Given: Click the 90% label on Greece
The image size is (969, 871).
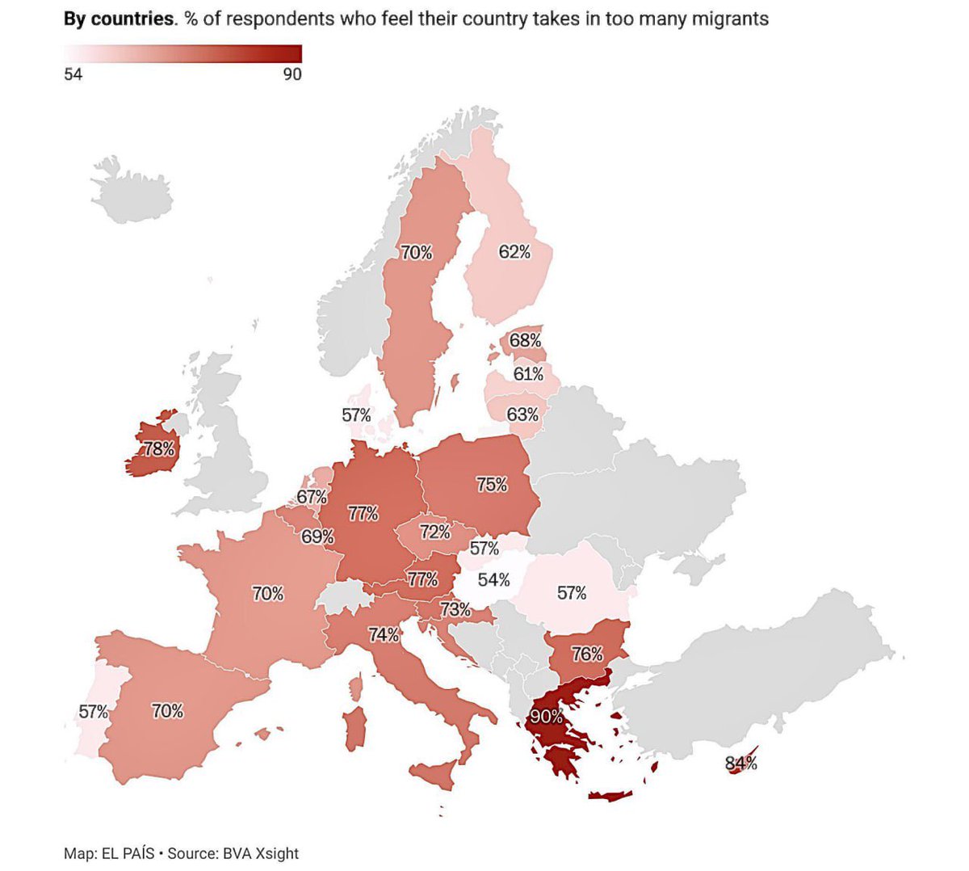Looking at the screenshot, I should click(x=546, y=716).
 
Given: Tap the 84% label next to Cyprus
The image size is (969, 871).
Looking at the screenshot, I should click(x=740, y=763).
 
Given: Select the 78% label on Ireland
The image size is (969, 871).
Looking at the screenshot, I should click(x=159, y=448).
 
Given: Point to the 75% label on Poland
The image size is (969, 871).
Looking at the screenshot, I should click(x=492, y=485).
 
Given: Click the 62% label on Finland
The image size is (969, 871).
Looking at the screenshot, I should click(x=514, y=252).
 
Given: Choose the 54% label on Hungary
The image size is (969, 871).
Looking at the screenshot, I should click(x=493, y=580).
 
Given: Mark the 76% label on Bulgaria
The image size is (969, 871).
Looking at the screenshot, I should click(x=587, y=654).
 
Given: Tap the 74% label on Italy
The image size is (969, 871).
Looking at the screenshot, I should click(x=384, y=635).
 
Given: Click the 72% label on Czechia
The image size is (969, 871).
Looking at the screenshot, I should click(x=435, y=532).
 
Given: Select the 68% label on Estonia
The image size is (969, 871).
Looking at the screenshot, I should click(x=525, y=340).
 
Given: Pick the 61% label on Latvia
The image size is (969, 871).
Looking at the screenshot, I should click(x=528, y=374).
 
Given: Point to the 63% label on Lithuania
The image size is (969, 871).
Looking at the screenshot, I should click(x=522, y=414).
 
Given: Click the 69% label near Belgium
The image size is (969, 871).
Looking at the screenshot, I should click(x=317, y=536).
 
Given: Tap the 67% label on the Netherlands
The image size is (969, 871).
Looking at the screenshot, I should click(x=312, y=497).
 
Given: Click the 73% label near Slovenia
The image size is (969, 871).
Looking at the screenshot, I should click(x=455, y=609).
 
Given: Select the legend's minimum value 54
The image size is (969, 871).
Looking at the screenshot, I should click(x=73, y=75).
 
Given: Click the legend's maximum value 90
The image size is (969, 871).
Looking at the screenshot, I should click(x=292, y=75).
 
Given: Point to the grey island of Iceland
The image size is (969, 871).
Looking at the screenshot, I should click(x=133, y=194).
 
